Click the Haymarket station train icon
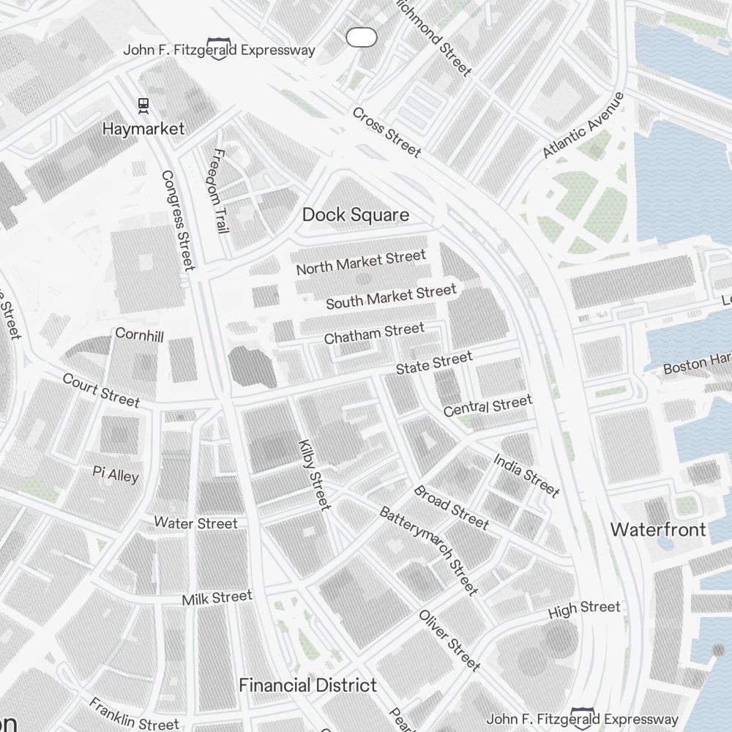click(143, 105)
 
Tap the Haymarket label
click(143, 129)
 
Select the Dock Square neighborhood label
click(356, 214)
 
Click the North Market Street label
click(360, 263)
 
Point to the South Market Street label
click(391, 296)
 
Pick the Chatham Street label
click(374, 334)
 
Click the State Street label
click(434, 363)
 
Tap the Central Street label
click(488, 406)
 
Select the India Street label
click(526, 475)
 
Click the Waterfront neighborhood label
click(659, 529)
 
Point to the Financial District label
click(308, 685)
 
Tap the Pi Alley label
click(116, 474)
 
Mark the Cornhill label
click(139, 335)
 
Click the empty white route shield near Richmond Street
click(361, 37)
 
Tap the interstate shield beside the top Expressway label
click(217, 49)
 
